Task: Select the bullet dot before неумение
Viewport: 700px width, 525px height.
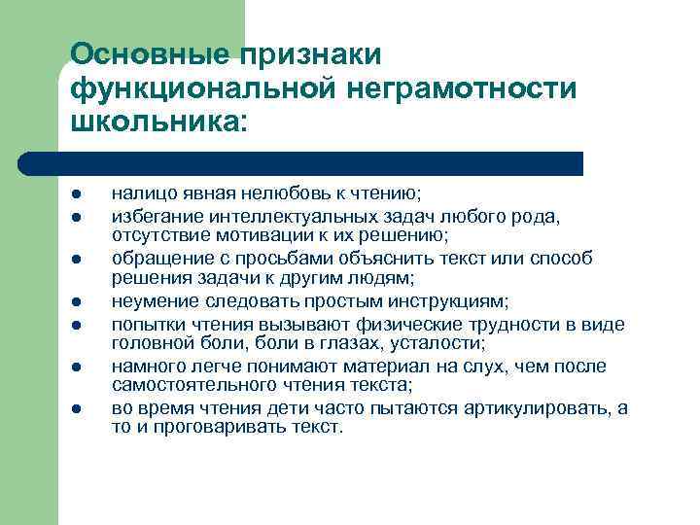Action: pos(76,301)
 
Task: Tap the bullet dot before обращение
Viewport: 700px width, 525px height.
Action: pos(76,260)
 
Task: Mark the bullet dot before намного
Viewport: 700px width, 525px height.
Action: pos(76,367)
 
